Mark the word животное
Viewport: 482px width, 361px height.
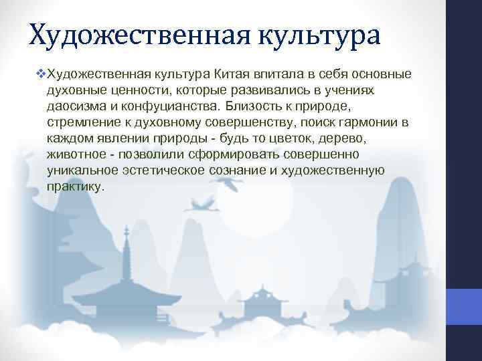pos(77,154)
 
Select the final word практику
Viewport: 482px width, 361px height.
pos(76,187)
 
